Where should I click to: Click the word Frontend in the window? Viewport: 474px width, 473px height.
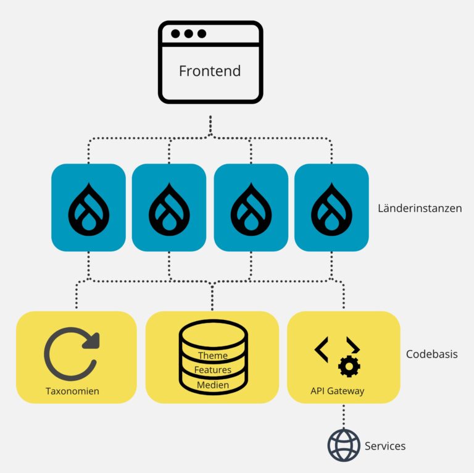[210, 71]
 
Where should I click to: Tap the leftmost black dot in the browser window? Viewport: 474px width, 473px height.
[175, 33]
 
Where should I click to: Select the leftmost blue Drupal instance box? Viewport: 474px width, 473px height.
[88, 207]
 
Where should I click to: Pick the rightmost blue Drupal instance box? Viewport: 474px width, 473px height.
[331, 207]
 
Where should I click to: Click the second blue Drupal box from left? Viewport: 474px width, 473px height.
[169, 207]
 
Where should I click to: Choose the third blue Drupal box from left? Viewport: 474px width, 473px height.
[251, 207]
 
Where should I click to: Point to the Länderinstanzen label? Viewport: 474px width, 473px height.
[420, 208]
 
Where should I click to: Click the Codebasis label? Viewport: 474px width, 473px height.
[431, 354]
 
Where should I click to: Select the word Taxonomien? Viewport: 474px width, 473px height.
[73, 391]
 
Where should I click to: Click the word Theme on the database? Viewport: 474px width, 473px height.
[213, 355]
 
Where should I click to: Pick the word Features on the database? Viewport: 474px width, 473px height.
[213, 370]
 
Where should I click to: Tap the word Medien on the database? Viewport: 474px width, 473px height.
[213, 385]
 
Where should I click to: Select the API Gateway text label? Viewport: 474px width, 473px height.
[338, 391]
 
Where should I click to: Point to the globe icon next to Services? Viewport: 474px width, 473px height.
[344, 445]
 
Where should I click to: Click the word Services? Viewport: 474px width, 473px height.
[385, 446]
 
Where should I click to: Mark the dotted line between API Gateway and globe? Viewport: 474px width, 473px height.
[344, 416]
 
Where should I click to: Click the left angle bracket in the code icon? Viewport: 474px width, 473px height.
[322, 350]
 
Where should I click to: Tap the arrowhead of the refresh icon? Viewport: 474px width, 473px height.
[91, 340]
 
